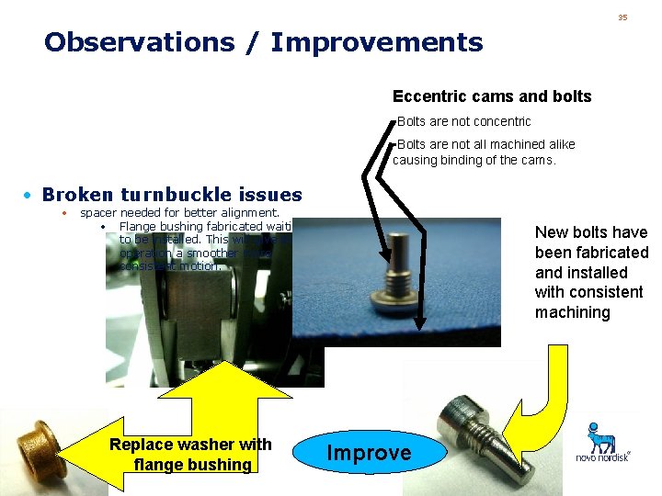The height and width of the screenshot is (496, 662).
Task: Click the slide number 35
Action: coord(622,17)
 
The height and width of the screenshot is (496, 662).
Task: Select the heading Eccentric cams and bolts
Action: coord(492,96)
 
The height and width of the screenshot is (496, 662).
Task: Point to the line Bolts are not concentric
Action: coord(463,121)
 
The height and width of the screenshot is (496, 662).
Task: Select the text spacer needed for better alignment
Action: coord(179,213)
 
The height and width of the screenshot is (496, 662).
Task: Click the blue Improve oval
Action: coord(369,452)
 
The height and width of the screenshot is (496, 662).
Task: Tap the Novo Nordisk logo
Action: coord(602,443)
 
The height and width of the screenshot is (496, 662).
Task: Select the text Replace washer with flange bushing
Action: coord(190,455)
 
